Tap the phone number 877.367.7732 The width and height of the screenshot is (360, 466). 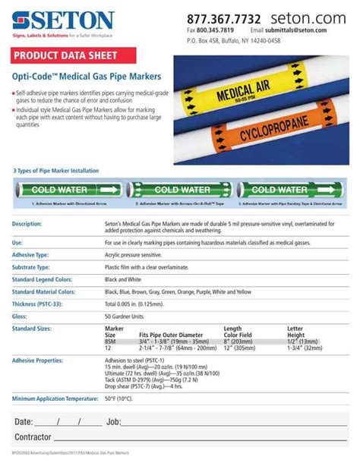tap(223, 17)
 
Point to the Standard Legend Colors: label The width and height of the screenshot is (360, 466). tap(43, 279)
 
